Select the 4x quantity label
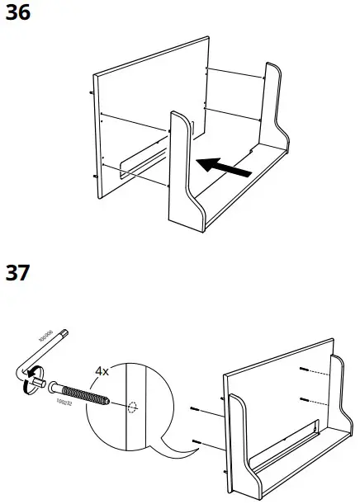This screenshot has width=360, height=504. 102,371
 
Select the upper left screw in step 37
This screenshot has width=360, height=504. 195,410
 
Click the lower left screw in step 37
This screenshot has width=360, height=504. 195,443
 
